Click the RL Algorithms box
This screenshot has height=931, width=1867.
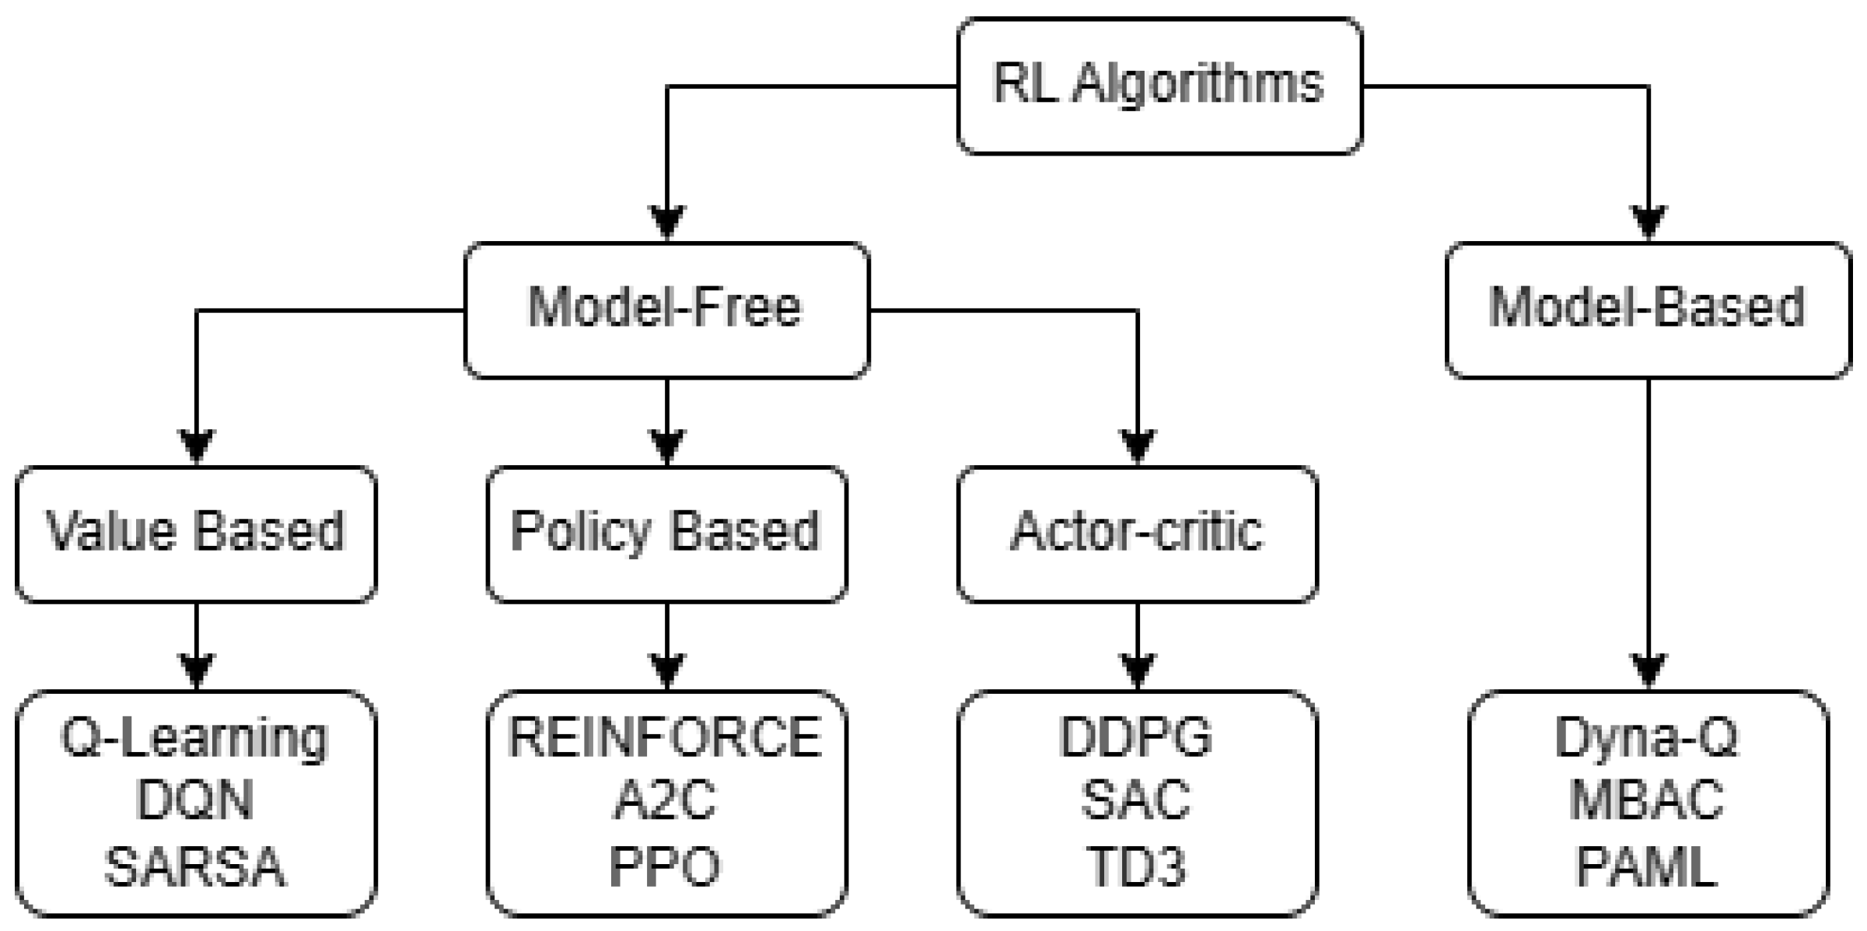[x=1159, y=86]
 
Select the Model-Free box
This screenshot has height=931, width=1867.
[x=666, y=310]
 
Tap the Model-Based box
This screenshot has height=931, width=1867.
[x=1647, y=310]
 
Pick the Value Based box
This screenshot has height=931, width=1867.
[x=196, y=534]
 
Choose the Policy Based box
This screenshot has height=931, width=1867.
[x=666, y=534]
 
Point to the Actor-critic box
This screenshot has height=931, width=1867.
[x=1137, y=534]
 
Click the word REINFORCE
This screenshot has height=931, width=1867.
[x=666, y=737]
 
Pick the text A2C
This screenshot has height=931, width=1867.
[x=666, y=801]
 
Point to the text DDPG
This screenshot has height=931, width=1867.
[x=1136, y=737]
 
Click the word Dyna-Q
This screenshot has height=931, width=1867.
[x=1647, y=737]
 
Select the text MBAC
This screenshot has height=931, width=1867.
[x=1647, y=801]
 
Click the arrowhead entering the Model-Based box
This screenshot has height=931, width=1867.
[x=1648, y=223]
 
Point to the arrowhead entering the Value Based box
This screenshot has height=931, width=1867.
[x=196, y=447]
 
